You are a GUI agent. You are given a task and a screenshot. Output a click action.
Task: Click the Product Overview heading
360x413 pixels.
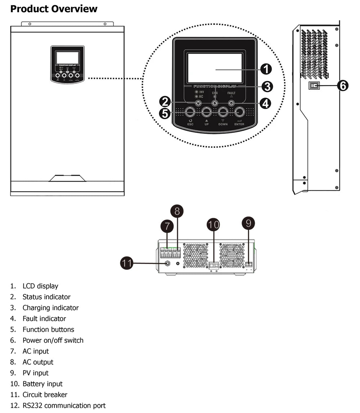(54, 9)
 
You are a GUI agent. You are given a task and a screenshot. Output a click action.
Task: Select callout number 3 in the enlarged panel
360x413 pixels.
(266, 86)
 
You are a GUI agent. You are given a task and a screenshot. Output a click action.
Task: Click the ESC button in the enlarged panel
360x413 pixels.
(190, 113)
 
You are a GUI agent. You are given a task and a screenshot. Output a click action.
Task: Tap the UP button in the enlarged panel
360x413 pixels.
(206, 113)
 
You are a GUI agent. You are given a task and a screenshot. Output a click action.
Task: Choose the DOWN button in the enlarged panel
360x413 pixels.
(223, 113)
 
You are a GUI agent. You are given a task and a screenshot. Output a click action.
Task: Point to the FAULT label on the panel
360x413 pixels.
(231, 93)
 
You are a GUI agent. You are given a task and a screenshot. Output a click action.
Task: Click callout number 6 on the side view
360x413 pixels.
(343, 86)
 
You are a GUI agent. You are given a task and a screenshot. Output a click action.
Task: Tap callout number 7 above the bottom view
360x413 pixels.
(167, 226)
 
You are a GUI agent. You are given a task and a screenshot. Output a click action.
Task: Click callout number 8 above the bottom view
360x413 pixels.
(177, 211)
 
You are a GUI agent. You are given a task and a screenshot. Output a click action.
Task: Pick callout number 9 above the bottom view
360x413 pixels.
(248, 223)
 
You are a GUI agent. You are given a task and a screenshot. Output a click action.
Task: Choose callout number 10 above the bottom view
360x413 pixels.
(213, 225)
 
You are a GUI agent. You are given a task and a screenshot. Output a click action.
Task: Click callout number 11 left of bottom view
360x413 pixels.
(126, 263)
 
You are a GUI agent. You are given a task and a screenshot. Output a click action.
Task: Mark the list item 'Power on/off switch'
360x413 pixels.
(53, 340)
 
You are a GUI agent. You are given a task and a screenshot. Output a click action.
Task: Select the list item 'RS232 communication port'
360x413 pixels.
(64, 405)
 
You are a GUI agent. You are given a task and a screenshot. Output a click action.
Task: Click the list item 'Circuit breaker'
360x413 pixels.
(45, 395)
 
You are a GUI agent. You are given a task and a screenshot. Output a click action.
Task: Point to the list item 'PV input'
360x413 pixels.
(35, 373)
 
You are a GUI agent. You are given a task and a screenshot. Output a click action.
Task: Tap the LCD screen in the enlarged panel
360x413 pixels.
(215, 68)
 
